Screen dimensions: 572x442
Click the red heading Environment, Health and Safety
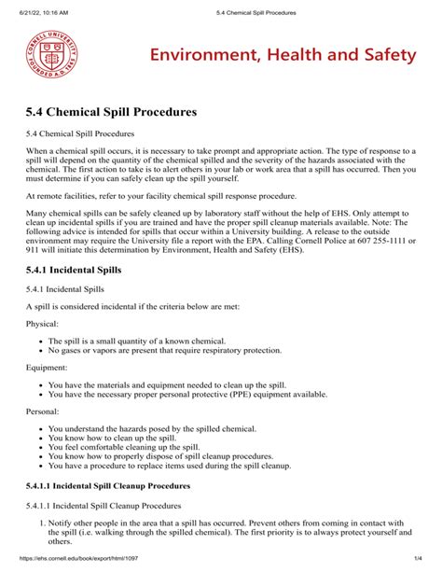click(279, 55)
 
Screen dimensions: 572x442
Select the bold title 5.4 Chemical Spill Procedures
click(112, 112)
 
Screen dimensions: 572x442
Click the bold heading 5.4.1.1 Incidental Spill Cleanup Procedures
click(111, 486)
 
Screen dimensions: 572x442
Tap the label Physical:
click(43, 324)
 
